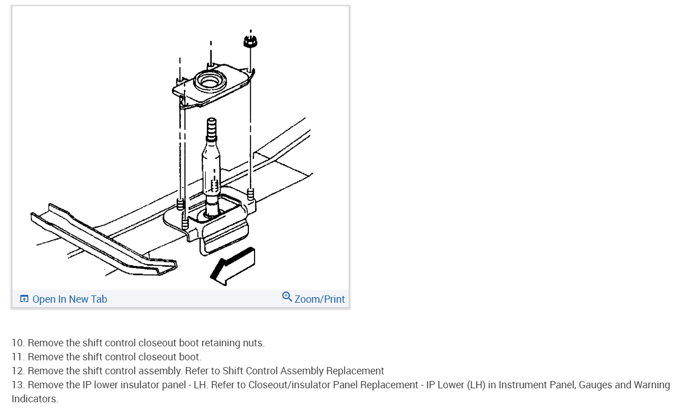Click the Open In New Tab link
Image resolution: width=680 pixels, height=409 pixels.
coord(70,299)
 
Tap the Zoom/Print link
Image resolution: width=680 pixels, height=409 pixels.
coord(320,299)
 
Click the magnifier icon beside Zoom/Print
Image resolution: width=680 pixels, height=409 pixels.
coord(287,297)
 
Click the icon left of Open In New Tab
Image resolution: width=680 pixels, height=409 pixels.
coord(24,299)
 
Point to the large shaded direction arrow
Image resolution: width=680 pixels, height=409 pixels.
coord(232,265)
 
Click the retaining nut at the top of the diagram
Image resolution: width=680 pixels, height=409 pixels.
coord(250,41)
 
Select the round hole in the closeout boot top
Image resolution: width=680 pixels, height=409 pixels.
coord(210,82)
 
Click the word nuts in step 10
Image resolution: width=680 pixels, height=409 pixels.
coord(253,343)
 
